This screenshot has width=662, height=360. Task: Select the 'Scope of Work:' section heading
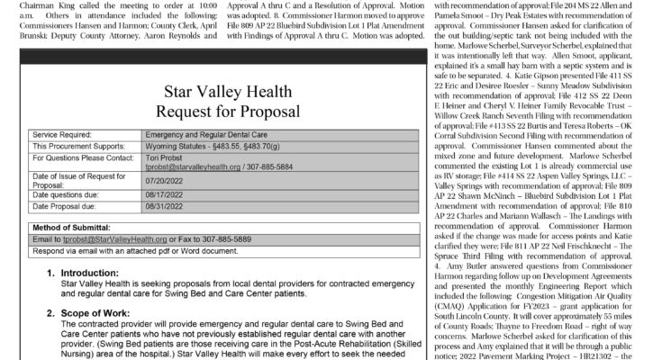coord(98,315)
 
